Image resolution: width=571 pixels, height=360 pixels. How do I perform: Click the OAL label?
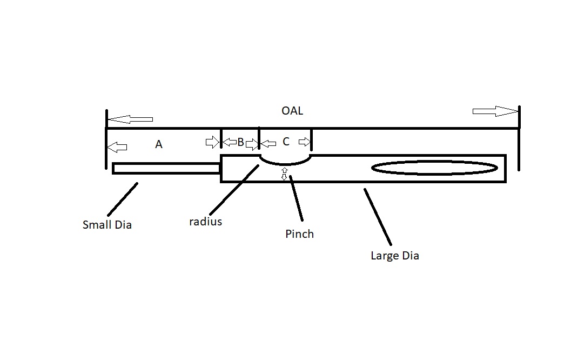coord(292,111)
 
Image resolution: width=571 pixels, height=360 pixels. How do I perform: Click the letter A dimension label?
coord(159,145)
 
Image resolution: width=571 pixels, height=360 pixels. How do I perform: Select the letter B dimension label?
coord(241,143)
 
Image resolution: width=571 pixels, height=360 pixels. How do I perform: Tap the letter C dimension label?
coord(286,142)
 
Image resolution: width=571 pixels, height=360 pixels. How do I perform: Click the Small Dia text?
coord(107,225)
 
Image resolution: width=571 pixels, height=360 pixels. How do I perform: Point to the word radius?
coord(205,222)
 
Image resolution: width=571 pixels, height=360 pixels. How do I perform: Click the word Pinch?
coord(299,234)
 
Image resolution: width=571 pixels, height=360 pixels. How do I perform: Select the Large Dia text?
coord(394,256)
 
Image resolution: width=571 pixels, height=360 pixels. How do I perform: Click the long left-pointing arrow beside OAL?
coord(130,119)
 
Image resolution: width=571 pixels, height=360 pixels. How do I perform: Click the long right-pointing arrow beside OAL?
coord(495,111)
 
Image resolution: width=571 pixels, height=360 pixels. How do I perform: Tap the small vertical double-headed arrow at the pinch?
coord(284,174)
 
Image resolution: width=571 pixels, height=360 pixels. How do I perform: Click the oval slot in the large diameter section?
coord(434,168)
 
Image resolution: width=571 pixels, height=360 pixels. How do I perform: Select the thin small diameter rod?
coord(166,169)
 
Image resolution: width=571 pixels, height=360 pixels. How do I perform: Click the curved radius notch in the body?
coord(286,161)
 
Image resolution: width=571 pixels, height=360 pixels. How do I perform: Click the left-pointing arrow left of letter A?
coord(117,147)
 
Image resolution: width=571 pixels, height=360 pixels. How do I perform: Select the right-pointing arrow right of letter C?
coord(305,142)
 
